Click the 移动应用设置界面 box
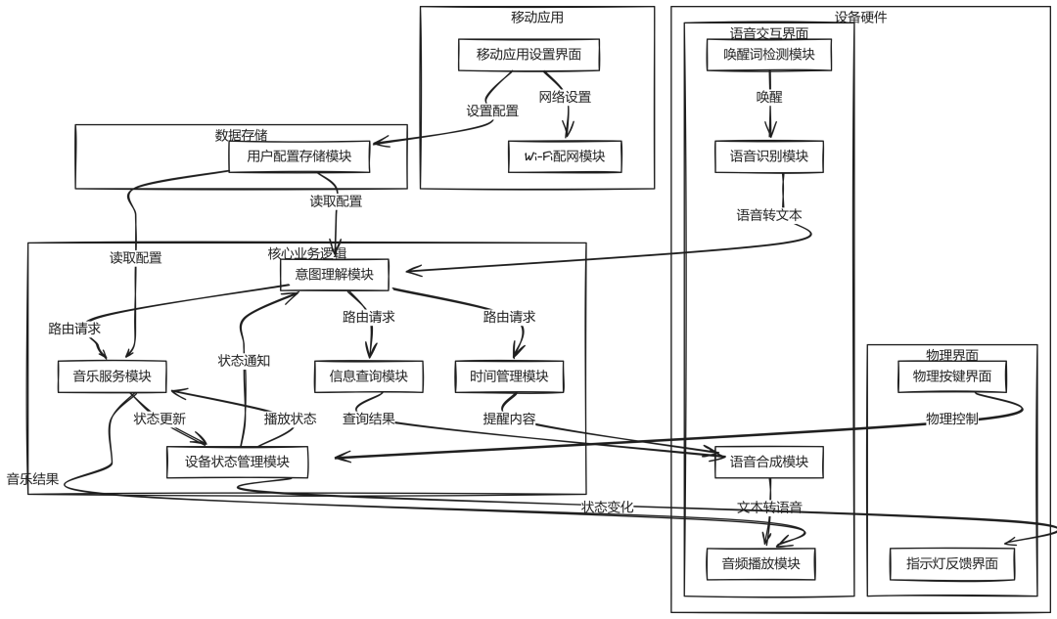pyautogui.click(x=528, y=55)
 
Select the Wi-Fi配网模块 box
pyautogui.click(x=565, y=156)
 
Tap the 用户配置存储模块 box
pyautogui.click(x=292, y=156)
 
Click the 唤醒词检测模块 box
pyautogui.click(x=769, y=55)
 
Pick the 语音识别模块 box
pyautogui.click(x=769, y=156)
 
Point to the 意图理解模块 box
pyautogui.click(x=334, y=275)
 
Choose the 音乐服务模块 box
pyautogui.click(x=112, y=376)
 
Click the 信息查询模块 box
pyautogui.click(x=369, y=376)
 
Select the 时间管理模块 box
pyautogui.click(x=509, y=376)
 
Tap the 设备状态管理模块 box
pyautogui.click(x=237, y=462)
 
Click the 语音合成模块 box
pyautogui.click(x=769, y=463)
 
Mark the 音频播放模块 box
pyautogui.click(x=761, y=563)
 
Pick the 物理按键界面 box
pyautogui.click(x=952, y=376)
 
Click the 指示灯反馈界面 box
pyautogui.click(x=952, y=563)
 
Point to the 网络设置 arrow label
pyautogui.click(x=565, y=97)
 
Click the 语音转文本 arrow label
pyautogui.click(x=769, y=215)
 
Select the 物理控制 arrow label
pyautogui.click(x=952, y=419)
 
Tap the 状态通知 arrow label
pyautogui.click(x=244, y=360)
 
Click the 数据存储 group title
pyautogui.click(x=241, y=135)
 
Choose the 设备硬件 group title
pyautogui.click(x=860, y=17)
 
